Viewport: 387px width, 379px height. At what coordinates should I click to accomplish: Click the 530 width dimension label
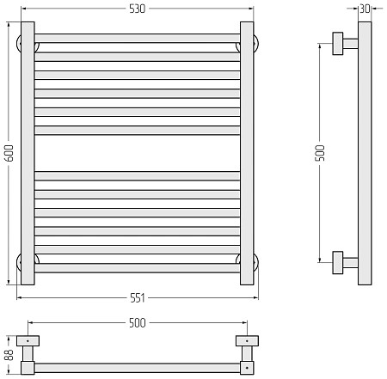[x=138, y=9]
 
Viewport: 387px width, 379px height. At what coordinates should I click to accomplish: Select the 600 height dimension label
[x=9, y=153]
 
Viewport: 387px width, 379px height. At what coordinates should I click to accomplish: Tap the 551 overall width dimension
[x=138, y=298]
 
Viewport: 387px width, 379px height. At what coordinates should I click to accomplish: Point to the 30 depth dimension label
[x=365, y=9]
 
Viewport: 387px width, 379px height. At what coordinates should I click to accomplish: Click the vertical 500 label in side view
[x=320, y=153]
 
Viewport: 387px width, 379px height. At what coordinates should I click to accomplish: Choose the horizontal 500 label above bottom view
[x=138, y=323]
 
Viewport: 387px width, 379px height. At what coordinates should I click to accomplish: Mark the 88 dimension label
[x=9, y=355]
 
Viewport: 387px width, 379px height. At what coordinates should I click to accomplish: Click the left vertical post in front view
[x=28, y=153]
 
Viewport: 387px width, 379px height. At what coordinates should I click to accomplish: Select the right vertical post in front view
[x=247, y=153]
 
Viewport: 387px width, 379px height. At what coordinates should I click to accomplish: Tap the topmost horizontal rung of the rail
[x=138, y=39]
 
